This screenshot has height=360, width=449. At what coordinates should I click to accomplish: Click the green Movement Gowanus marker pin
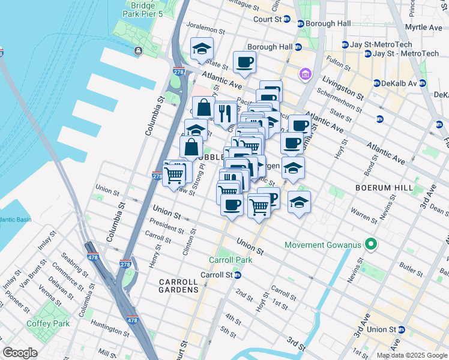click(371, 245)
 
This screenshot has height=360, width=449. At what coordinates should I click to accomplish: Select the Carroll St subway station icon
click(238, 275)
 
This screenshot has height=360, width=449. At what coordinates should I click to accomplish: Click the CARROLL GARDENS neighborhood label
click(178, 286)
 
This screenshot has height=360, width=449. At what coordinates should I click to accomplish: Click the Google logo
click(20, 353)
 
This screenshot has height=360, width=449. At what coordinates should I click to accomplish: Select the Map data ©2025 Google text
click(411, 355)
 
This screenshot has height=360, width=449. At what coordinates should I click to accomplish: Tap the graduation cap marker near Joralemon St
click(202, 49)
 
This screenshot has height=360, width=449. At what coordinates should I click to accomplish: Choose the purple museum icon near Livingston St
click(306, 74)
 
